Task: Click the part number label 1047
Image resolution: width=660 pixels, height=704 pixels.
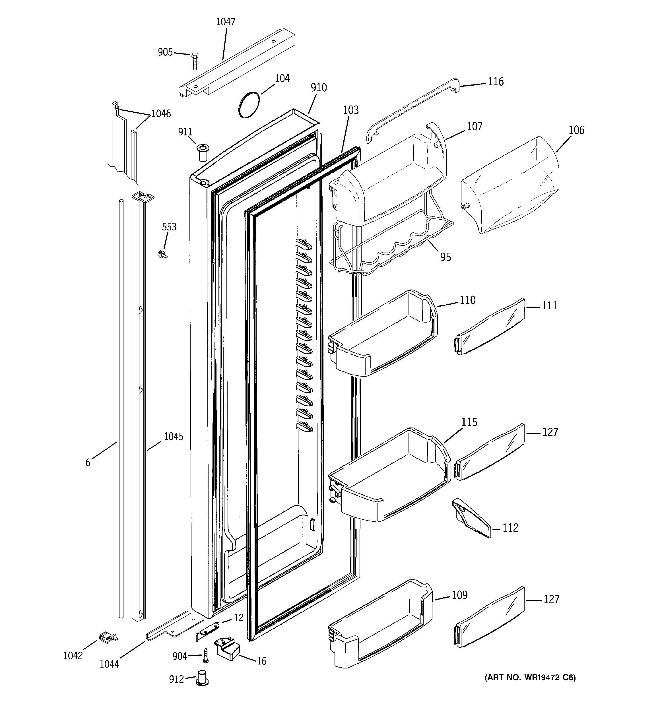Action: (226, 22)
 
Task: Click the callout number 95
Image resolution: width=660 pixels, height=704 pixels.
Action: (445, 257)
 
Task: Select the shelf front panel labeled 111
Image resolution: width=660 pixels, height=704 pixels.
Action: (490, 326)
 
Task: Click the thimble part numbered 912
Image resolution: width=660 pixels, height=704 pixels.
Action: (202, 678)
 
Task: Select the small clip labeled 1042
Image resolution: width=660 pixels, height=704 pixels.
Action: (108, 637)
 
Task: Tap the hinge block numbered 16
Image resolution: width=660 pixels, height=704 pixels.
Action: (227, 649)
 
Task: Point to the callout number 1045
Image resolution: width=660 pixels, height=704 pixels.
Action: (173, 437)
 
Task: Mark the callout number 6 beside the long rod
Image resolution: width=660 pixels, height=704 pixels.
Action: (88, 463)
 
